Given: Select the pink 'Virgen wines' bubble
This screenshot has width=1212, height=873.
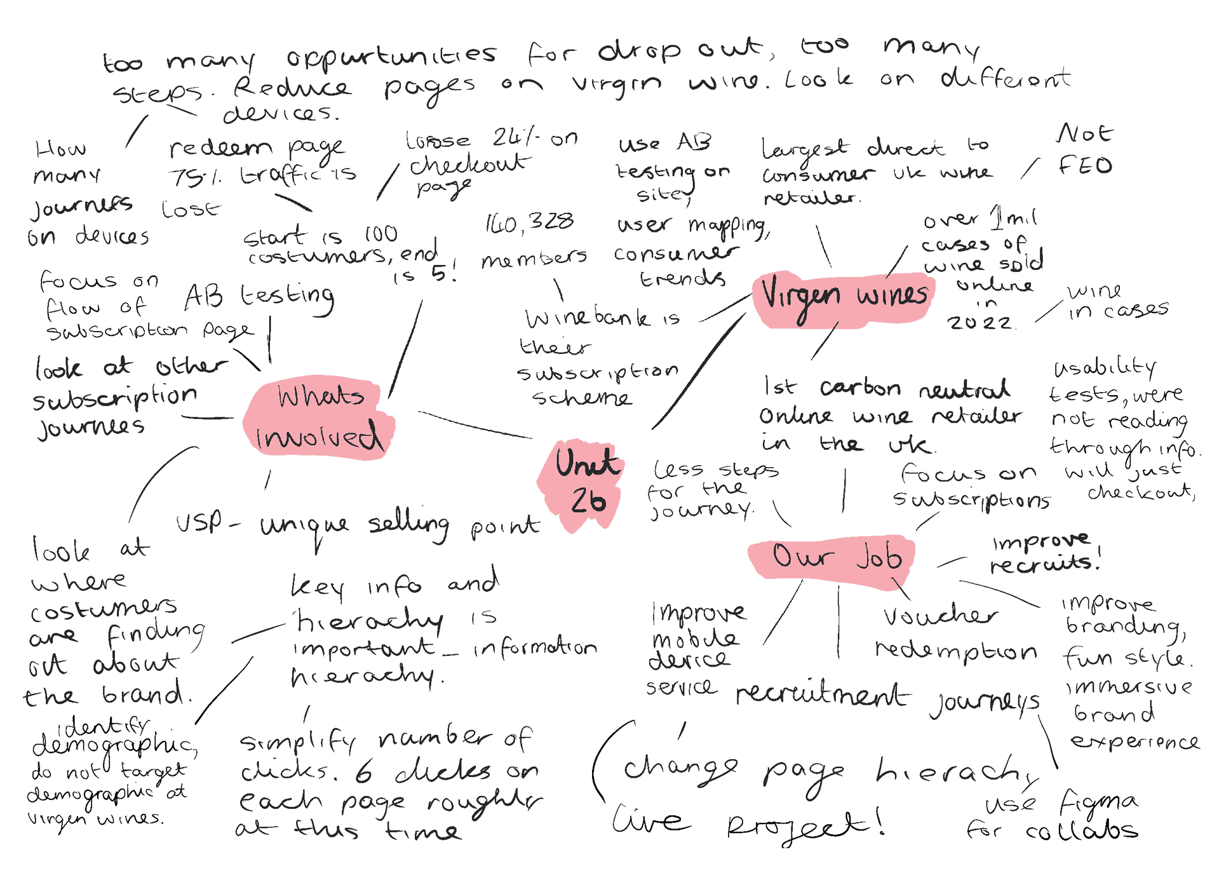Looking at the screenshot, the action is point(843,299).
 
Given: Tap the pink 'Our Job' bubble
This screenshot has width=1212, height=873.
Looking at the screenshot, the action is point(835,557).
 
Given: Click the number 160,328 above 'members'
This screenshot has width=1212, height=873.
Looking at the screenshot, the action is point(529,222).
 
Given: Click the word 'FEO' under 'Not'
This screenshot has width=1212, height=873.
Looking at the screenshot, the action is point(1085,166).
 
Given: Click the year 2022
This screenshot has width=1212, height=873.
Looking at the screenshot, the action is point(979,323).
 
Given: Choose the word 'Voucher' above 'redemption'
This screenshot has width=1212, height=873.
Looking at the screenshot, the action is point(940,616).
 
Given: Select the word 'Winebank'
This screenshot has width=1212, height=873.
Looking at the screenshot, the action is point(588,317).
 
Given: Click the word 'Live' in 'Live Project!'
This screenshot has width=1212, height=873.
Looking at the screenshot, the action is point(650,819).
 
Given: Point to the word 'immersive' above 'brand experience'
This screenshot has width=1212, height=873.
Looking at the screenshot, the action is point(1129,687).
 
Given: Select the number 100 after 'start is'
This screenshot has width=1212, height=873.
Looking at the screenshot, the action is point(381,234).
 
